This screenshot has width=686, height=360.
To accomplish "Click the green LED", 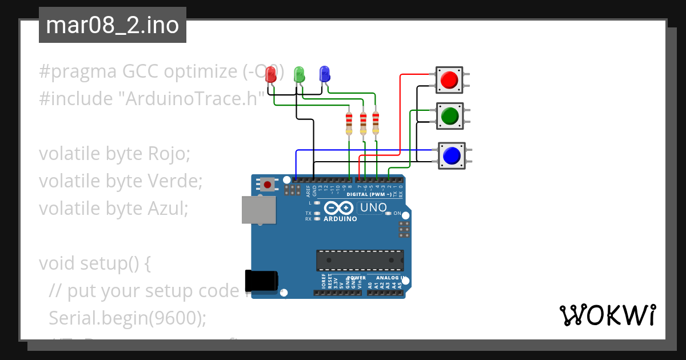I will [298, 74].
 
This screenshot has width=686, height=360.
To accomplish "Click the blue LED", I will [324, 74].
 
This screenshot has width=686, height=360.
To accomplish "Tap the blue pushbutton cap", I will [452, 155].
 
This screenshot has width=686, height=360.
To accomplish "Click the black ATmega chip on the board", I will [360, 260].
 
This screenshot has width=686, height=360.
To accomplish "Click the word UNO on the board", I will [373, 207].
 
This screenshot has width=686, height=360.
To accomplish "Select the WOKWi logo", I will [607, 315].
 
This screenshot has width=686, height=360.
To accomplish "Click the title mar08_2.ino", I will [112, 25].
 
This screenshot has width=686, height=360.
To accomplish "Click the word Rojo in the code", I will [168, 154].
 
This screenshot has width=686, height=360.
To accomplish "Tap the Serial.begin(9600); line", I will [127, 318].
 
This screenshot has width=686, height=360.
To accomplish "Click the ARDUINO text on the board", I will [340, 219].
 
